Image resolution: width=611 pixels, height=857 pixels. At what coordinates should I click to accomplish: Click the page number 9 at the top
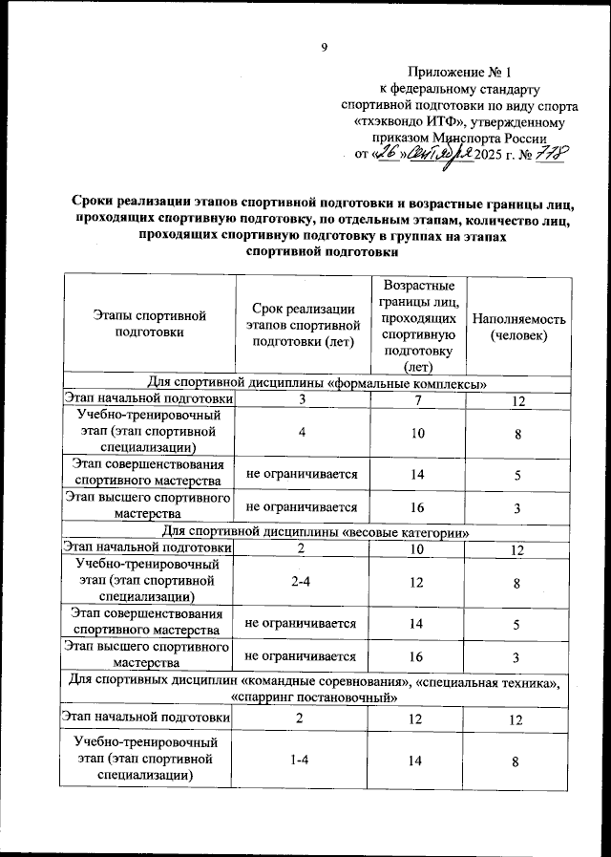pyautogui.click(x=324, y=49)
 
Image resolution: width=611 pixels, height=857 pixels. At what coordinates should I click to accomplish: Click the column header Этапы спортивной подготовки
pyautogui.click(x=146, y=323)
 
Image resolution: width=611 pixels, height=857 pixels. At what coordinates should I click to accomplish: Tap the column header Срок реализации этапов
pyautogui.click(x=301, y=325)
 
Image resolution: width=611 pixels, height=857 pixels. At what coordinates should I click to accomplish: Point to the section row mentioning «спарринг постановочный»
pyautogui.click(x=316, y=697)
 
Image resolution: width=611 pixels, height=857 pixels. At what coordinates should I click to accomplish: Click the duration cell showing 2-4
pyautogui.click(x=301, y=582)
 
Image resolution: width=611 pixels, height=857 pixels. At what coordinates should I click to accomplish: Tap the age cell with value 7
pyautogui.click(x=418, y=400)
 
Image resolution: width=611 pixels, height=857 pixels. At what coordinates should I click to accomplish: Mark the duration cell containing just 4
pyautogui.click(x=301, y=434)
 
